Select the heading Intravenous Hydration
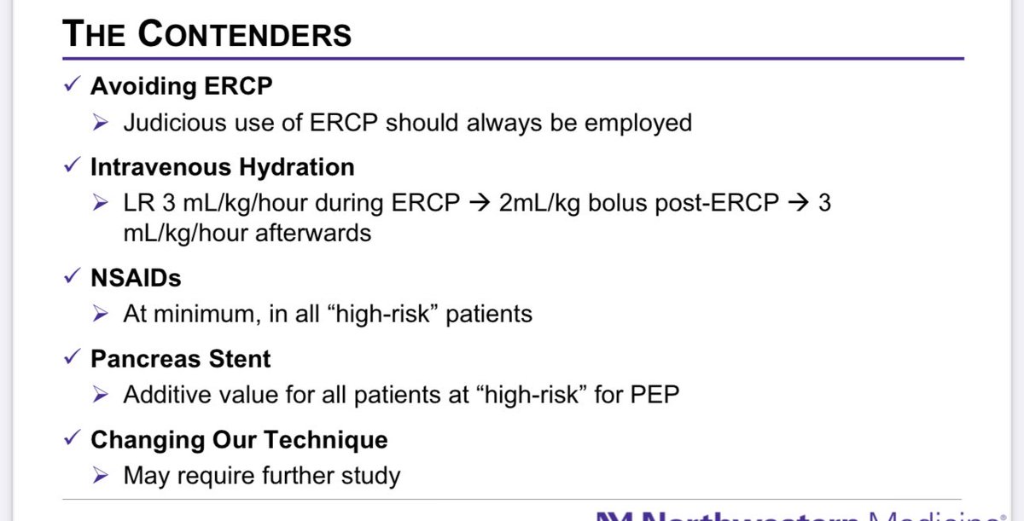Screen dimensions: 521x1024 [222, 167]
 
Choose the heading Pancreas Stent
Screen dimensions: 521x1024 [180, 359]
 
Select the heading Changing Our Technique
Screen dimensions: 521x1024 [239, 440]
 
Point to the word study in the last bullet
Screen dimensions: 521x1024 [370, 475]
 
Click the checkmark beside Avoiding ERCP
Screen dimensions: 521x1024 [73, 86]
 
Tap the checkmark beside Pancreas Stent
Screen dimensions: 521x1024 [73, 359]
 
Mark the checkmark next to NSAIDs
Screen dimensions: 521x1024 [73, 277]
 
